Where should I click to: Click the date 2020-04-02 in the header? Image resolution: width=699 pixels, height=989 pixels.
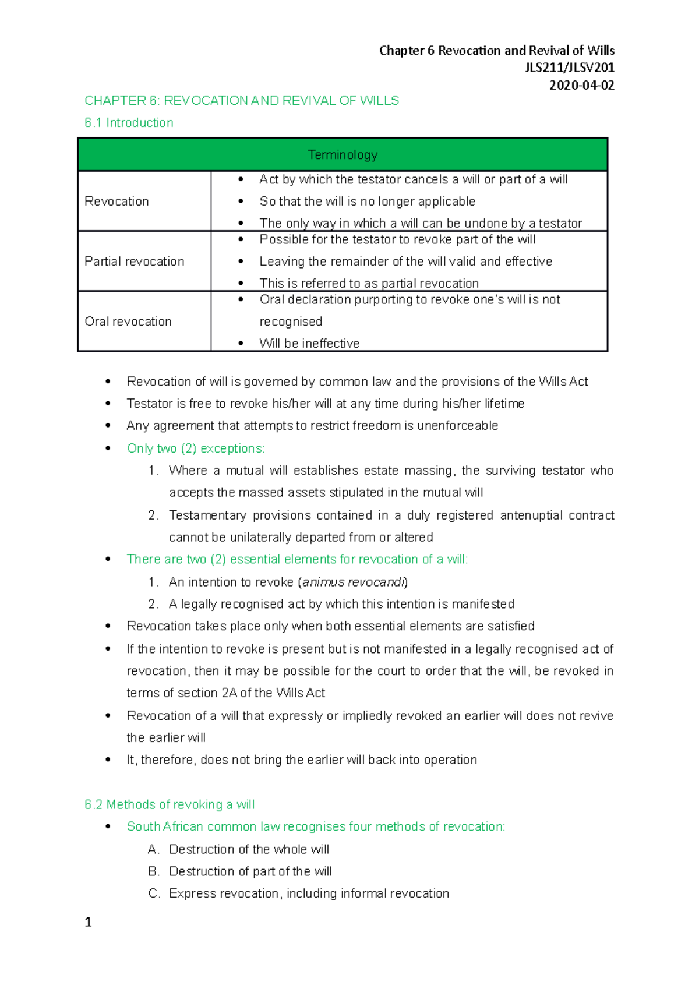pyautogui.click(x=581, y=85)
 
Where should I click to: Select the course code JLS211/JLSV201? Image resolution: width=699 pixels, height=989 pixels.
pyautogui.click(x=569, y=68)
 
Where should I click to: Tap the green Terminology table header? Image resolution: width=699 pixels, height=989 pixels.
pyautogui.click(x=343, y=154)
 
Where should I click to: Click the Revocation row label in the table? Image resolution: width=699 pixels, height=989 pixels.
pyautogui.click(x=116, y=202)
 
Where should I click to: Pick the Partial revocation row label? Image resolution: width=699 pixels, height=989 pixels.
pyautogui.click(x=134, y=262)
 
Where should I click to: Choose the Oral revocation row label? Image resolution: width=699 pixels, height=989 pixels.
pyautogui.click(x=128, y=322)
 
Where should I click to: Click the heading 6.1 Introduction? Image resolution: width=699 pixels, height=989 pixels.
pyautogui.click(x=129, y=123)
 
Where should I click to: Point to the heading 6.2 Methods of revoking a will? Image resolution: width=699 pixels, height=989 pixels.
pyautogui.click(x=170, y=804)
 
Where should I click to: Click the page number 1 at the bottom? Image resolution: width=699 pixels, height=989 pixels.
pyautogui.click(x=88, y=922)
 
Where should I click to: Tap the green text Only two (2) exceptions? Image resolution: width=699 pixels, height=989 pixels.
pyautogui.click(x=196, y=448)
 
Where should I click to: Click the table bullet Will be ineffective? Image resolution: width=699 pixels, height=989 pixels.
pyautogui.click(x=309, y=344)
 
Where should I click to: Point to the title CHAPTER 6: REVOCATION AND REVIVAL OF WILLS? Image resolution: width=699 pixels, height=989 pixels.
pyautogui.click(x=242, y=101)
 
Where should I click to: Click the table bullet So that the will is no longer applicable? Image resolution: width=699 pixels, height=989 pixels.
pyautogui.click(x=367, y=202)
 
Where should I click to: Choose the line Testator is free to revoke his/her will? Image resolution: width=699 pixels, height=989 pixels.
pyautogui.click(x=325, y=404)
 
